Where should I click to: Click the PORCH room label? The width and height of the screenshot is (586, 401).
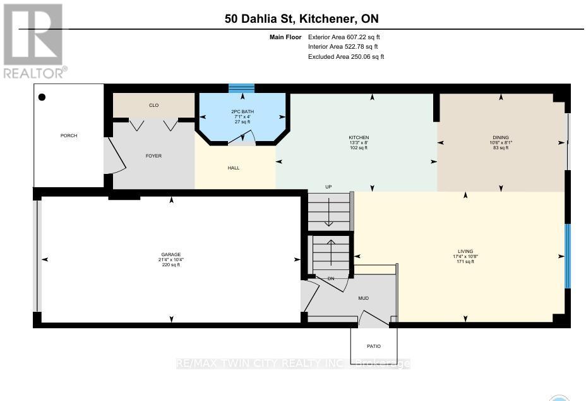[x=69, y=136]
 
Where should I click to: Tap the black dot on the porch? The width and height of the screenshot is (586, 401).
[x=42, y=97]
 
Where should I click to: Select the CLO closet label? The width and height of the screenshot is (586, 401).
[x=153, y=106]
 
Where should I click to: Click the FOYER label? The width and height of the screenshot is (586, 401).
[x=153, y=156]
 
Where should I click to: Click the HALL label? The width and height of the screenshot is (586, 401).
[x=234, y=168]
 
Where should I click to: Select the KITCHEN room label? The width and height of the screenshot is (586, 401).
[x=359, y=138]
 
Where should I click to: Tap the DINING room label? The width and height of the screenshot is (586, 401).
[x=501, y=138]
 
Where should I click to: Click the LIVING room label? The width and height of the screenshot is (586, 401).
[x=465, y=251]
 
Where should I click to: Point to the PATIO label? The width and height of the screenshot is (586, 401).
[x=374, y=347]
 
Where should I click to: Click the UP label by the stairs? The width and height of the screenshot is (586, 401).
[x=328, y=187]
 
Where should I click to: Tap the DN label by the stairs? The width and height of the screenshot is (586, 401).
[x=330, y=279]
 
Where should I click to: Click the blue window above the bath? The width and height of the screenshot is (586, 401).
[x=241, y=88]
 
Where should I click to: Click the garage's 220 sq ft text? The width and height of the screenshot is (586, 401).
[x=170, y=265]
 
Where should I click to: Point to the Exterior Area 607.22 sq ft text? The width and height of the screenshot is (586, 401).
[x=344, y=37]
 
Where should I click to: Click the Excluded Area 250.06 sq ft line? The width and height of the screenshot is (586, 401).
[x=345, y=57]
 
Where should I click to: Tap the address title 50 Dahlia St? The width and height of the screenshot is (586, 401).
[x=302, y=19]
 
